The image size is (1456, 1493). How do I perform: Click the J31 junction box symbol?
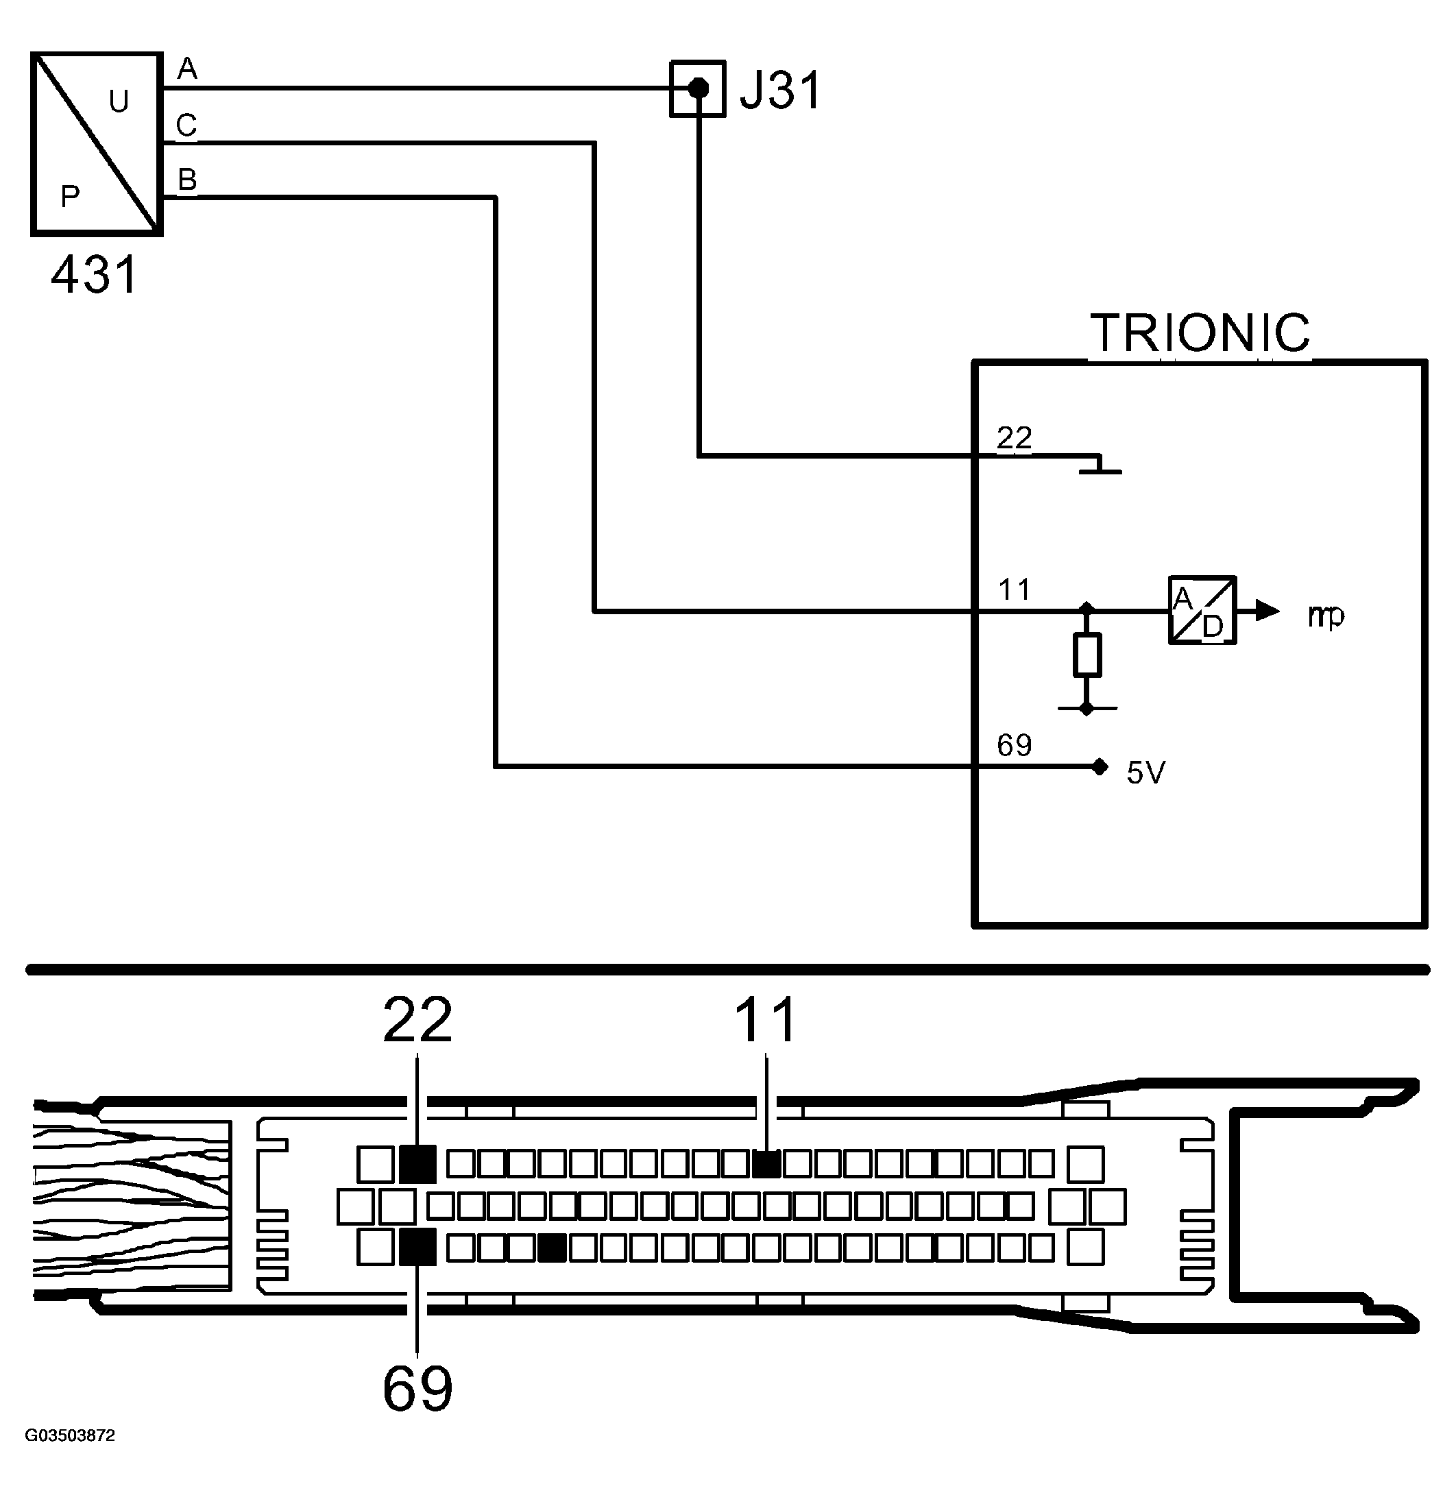coord(697,88)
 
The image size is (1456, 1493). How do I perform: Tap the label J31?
coord(781,90)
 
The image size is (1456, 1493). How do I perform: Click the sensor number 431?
coord(95,275)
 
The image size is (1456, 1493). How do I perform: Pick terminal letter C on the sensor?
coord(186,125)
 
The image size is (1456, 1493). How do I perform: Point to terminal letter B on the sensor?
coord(187,180)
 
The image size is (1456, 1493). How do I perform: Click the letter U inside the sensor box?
coord(119,101)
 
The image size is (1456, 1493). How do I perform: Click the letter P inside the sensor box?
coord(70,197)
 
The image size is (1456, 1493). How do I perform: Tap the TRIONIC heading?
coord(1200,332)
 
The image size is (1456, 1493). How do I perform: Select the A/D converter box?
coord(1202,610)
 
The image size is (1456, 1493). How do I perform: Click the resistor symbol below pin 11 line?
coord(1087,655)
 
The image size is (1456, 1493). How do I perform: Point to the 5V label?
coord(1145,773)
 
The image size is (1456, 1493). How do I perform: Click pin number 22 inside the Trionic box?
coord(1015,438)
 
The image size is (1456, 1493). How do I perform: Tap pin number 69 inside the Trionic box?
coord(1015,745)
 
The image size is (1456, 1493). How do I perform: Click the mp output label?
coord(1326,616)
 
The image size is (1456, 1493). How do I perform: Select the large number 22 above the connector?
coord(417,1020)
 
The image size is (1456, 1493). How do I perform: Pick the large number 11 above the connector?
coord(766,1020)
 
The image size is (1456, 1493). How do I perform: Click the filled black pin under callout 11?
coord(766,1164)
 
